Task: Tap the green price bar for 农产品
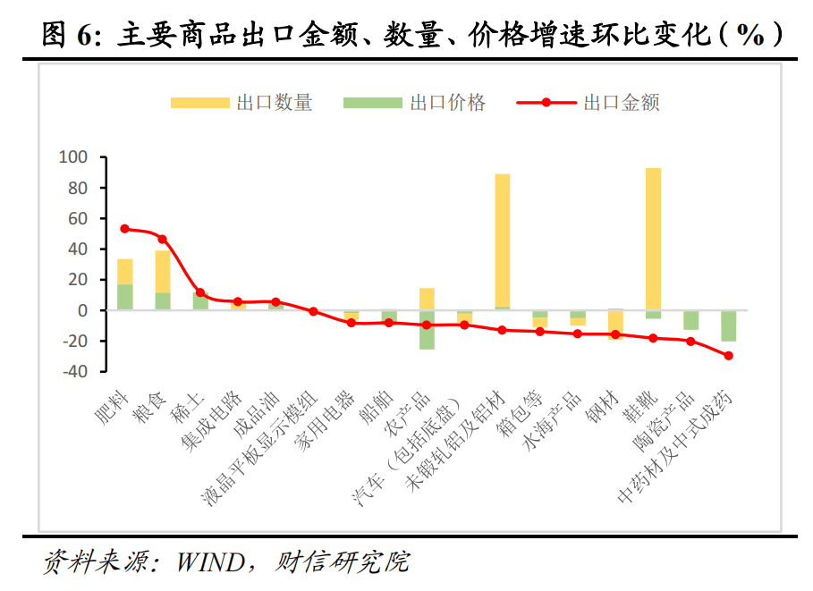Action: click(x=427, y=330)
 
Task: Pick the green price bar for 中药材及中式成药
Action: click(x=728, y=325)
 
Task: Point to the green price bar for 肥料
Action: click(x=125, y=297)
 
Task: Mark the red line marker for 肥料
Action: click(x=125, y=229)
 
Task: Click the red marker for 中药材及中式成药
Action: click(x=728, y=356)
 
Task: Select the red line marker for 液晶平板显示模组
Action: click(x=313, y=312)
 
